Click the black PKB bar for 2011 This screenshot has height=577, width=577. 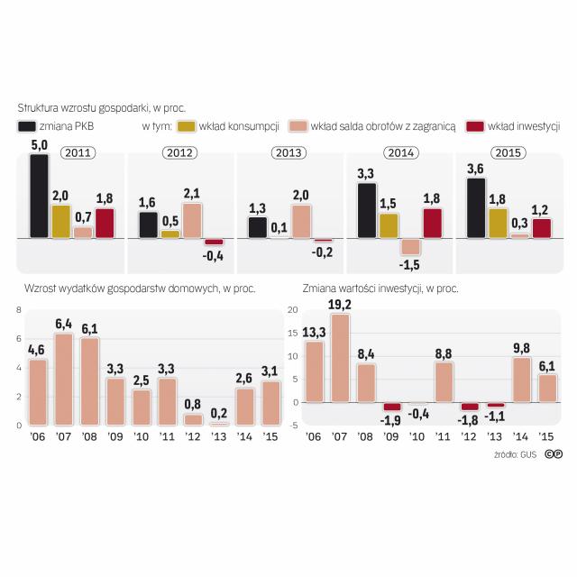click(39, 196)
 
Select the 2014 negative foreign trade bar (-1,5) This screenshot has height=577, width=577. click(411, 246)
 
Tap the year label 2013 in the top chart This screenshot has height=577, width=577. click(289, 152)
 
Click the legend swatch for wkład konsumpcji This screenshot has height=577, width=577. click(188, 126)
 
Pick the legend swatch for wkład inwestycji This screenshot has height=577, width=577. click(475, 126)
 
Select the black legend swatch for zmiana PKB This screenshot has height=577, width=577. click(28, 126)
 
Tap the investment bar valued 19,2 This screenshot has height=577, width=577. click(340, 357)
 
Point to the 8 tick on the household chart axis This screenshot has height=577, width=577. click(18, 309)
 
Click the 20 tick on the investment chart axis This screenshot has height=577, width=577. click(291, 309)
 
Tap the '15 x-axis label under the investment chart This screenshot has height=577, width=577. click(546, 436)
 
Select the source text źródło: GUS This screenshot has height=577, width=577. click(515, 454)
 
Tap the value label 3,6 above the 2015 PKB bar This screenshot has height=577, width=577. click(475, 169)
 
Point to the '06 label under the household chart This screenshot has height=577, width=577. click(38, 436)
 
